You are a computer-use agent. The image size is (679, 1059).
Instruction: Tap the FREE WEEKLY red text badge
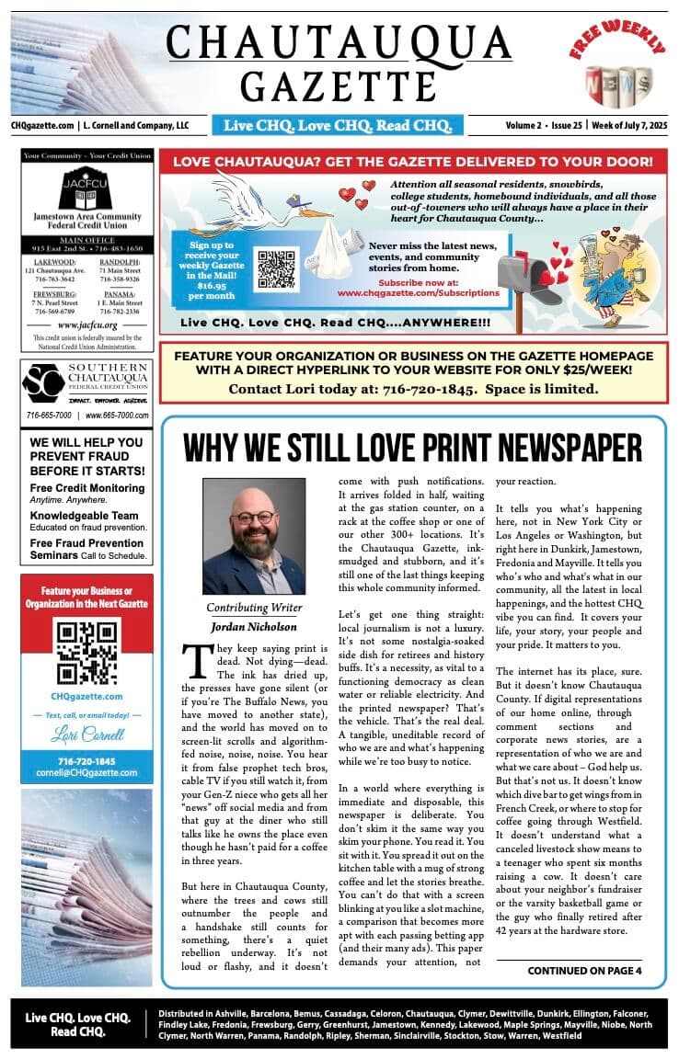616,42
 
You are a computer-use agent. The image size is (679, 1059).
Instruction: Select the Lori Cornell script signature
87,737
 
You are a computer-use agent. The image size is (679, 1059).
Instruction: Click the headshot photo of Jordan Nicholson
253,535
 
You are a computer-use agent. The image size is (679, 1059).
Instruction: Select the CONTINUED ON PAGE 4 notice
584,970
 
